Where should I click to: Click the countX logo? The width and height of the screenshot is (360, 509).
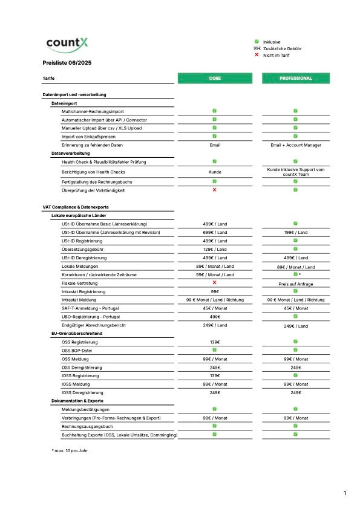pos(67,44)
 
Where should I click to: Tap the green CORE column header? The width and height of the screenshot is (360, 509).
pos(215,78)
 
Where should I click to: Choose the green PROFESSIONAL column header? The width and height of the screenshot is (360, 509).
pos(296,78)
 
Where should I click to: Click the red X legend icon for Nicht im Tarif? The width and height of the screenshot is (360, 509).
pos(257,55)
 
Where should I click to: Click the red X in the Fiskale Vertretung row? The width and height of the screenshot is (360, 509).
pos(215,282)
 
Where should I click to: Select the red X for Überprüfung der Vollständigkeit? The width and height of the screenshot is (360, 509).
pos(215,190)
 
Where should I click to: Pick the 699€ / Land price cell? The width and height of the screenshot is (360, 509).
pos(215,232)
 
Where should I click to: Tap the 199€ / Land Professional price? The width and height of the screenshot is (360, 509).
pos(295,232)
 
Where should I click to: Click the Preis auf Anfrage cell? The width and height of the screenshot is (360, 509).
pos(295,283)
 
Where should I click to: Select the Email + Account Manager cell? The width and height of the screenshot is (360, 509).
pos(295,145)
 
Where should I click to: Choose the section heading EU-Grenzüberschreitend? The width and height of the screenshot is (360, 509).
pos(77,333)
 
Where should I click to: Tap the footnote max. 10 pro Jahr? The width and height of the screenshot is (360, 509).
pos(70,450)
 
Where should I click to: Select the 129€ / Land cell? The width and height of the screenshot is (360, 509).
pos(215,249)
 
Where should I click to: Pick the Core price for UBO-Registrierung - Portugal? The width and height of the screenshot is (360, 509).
pos(215,316)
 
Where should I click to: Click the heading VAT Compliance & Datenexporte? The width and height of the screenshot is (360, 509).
pos(76,207)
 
